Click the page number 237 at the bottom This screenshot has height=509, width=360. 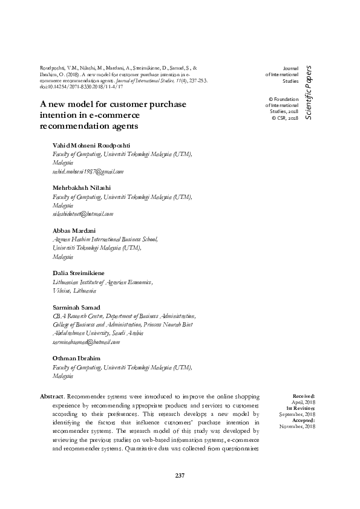[180, 476]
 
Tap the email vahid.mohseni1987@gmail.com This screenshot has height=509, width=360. [88, 172]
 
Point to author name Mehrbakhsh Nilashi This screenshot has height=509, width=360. [82, 188]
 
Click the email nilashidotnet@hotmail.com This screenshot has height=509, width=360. [83, 213]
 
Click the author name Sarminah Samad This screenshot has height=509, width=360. [76, 307]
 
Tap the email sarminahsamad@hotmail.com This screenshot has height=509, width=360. [87, 342]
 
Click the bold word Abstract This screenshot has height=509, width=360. [52, 396]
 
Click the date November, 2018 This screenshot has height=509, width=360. [297, 427]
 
